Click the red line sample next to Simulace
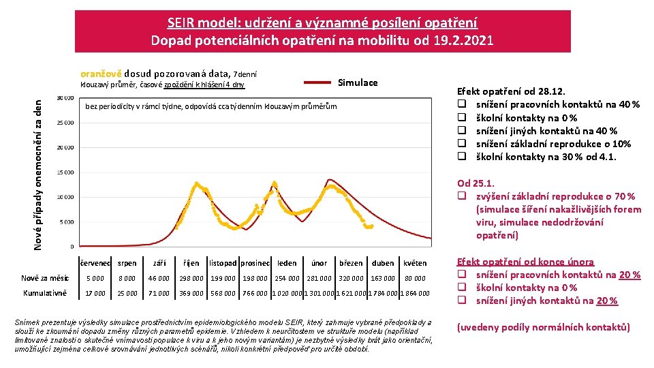pyautogui.click(x=317, y=82)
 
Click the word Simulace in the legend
pyautogui.click(x=358, y=82)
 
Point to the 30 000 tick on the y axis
pyautogui.click(x=65, y=98)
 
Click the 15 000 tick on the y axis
pyautogui.click(x=65, y=172)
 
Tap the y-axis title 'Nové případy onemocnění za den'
pyautogui.click(x=39, y=173)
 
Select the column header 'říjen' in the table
pyautogui.click(x=191, y=263)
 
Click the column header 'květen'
pyautogui.click(x=415, y=263)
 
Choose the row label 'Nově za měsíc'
pyautogui.click(x=46, y=278)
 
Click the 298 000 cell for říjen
pyautogui.click(x=191, y=278)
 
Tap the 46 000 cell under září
pyautogui.click(x=159, y=278)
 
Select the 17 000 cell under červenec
pyautogui.click(x=95, y=293)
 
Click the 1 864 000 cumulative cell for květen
pyautogui.click(x=415, y=293)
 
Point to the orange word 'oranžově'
pyautogui.click(x=102, y=73)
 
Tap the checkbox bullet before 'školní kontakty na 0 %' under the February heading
pyautogui.click(x=461, y=288)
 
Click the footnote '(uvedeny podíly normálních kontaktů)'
pyautogui.click(x=543, y=327)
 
